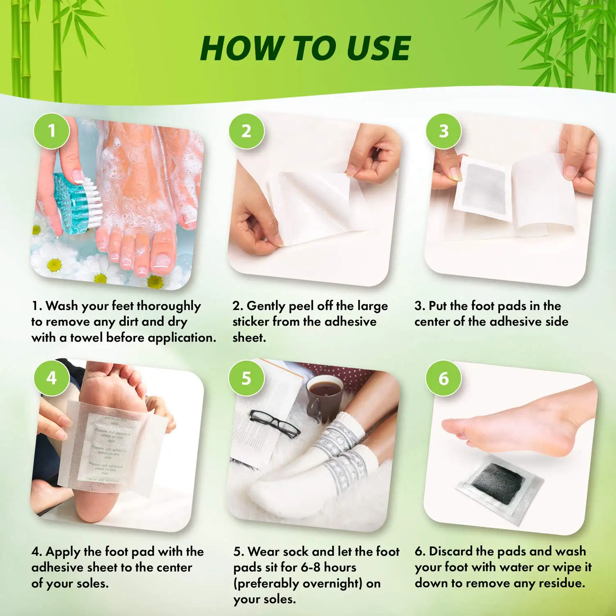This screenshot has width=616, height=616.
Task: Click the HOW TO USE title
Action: pyautogui.click(x=305, y=48)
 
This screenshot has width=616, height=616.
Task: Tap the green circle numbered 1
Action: pyautogui.click(x=51, y=131)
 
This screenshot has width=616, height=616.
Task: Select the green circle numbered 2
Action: pyautogui.click(x=246, y=131)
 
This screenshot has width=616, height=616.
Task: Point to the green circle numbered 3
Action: pyautogui.click(x=444, y=131)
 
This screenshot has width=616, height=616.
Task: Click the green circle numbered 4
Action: pyautogui.click(x=51, y=378)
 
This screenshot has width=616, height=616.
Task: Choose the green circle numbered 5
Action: pyautogui.click(x=246, y=378)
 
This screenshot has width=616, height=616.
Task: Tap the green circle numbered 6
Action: pyautogui.click(x=444, y=378)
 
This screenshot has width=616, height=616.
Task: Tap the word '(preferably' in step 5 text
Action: pyautogui.click(x=266, y=584)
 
